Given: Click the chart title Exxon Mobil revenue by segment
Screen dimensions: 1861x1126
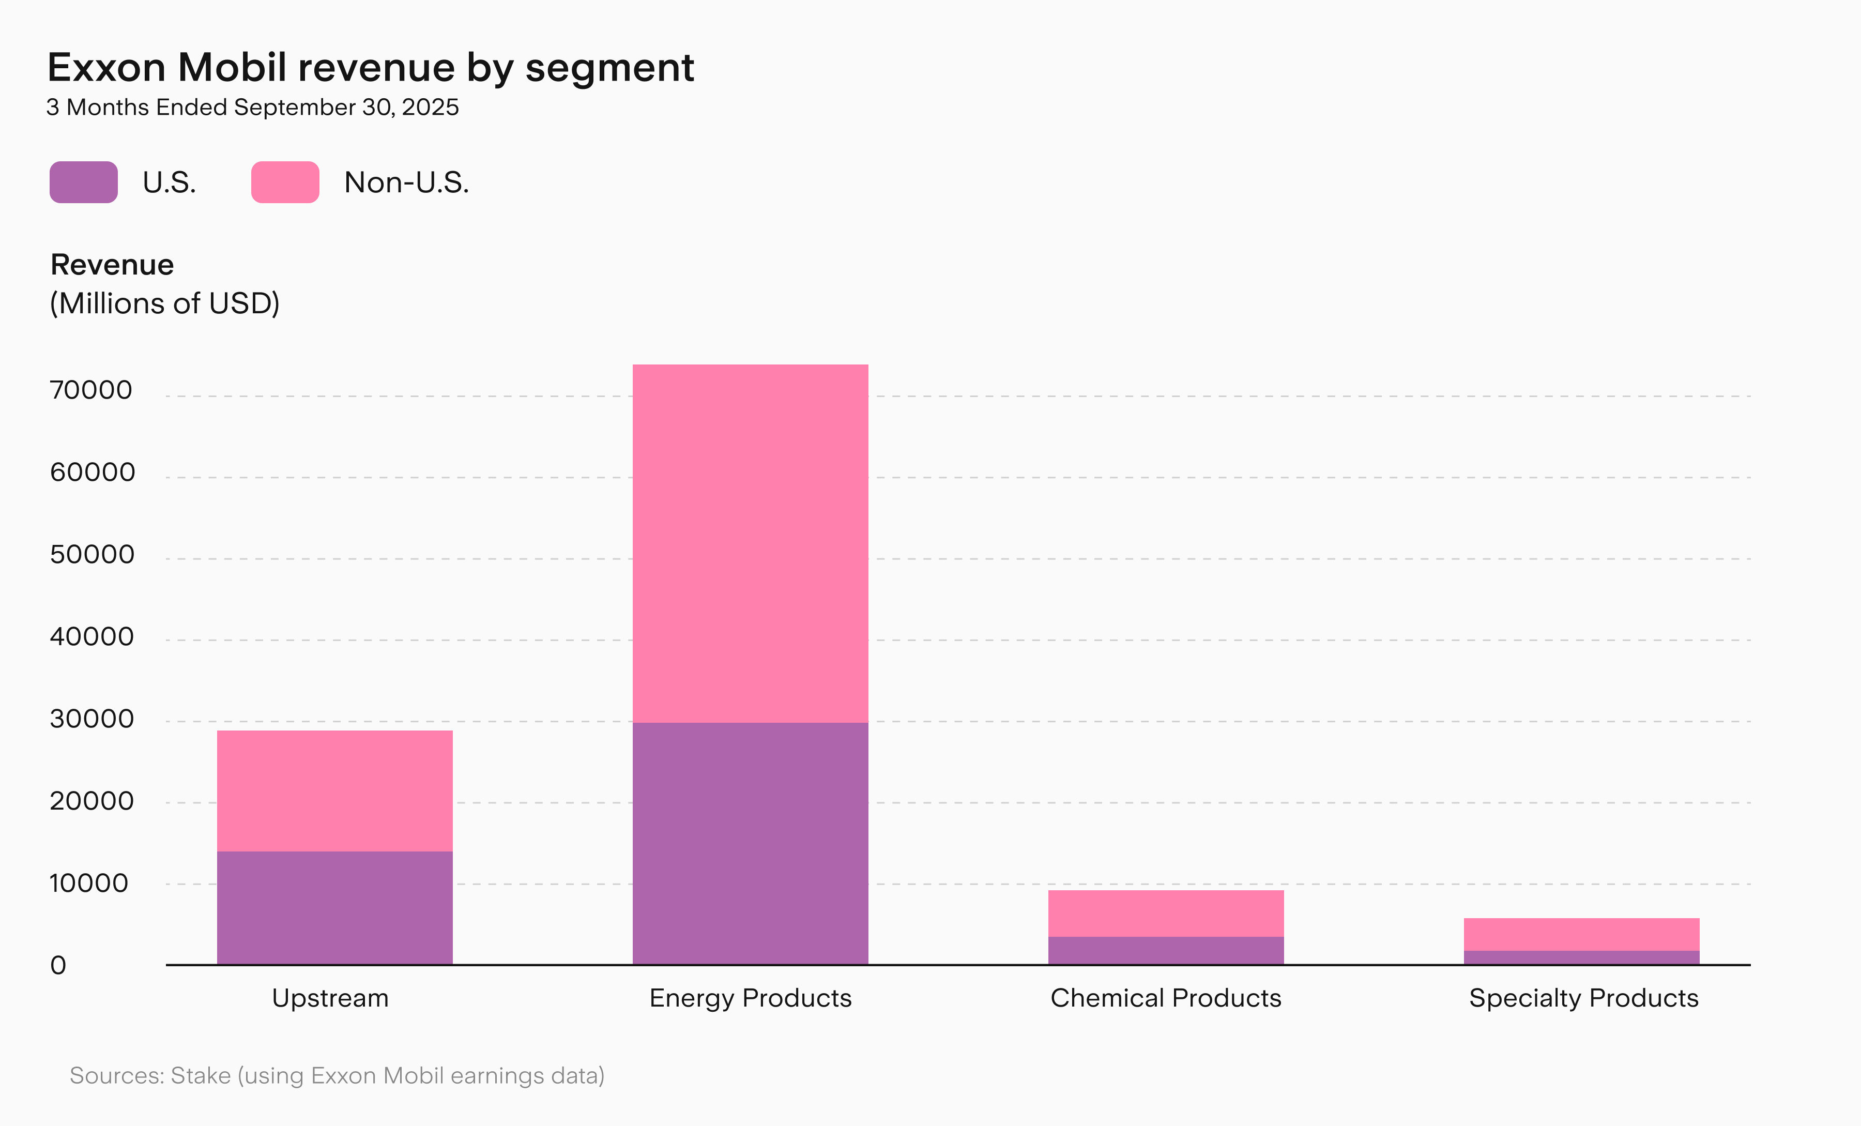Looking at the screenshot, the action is click(x=370, y=68).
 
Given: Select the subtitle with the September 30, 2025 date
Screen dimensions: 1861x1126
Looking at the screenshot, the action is click(x=252, y=107).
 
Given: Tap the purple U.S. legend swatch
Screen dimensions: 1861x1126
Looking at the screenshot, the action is click(x=84, y=182).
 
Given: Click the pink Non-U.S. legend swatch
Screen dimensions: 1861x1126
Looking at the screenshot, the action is click(x=285, y=182).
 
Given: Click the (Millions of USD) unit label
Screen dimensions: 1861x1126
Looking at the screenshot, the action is click(x=165, y=303).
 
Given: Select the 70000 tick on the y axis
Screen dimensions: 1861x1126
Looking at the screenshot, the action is click(x=90, y=390).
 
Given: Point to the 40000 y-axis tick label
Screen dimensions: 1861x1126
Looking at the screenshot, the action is click(x=91, y=636).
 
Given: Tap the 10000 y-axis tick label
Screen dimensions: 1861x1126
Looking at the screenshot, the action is click(x=89, y=884).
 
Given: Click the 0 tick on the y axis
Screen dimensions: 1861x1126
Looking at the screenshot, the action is click(x=58, y=965).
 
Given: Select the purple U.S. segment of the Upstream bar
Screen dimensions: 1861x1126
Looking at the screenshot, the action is click(x=334, y=908).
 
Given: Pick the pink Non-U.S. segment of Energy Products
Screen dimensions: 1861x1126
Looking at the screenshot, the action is click(x=750, y=544).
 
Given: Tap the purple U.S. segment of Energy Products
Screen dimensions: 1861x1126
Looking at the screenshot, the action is click(x=750, y=844).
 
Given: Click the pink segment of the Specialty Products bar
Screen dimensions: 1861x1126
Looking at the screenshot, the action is click(x=1581, y=935).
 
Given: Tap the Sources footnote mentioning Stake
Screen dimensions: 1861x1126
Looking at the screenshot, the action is click(x=337, y=1075).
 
